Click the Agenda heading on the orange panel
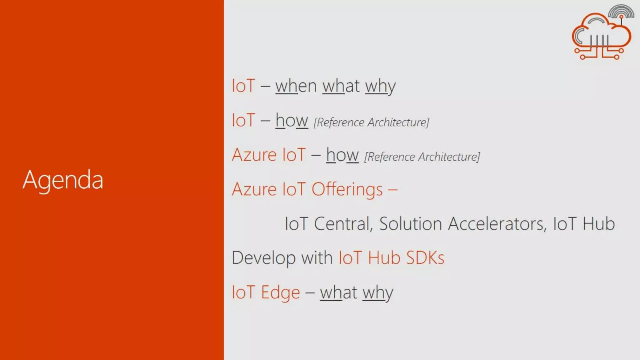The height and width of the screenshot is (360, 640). click(x=63, y=180)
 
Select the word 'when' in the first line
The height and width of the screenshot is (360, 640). click(x=296, y=86)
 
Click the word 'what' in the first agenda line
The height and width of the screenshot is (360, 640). click(x=341, y=86)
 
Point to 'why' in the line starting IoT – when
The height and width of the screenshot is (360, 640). click(x=380, y=87)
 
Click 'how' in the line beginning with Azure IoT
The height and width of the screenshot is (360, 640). click(x=342, y=155)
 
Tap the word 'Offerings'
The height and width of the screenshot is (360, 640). click(x=347, y=189)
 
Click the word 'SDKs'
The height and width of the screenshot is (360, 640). click(x=425, y=258)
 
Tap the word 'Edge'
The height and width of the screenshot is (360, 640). click(x=280, y=293)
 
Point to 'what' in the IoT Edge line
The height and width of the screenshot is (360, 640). click(x=338, y=293)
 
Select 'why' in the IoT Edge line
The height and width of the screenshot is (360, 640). click(x=377, y=293)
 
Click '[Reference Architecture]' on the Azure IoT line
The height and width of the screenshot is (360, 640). click(x=422, y=157)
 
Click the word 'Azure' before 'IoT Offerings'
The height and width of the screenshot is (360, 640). click(x=254, y=189)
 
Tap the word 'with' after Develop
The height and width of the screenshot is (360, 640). click(x=317, y=258)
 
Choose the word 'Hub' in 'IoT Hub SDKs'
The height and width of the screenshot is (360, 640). click(x=384, y=258)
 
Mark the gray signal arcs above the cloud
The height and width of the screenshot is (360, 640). click(x=621, y=11)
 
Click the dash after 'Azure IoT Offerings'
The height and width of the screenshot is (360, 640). click(x=392, y=189)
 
